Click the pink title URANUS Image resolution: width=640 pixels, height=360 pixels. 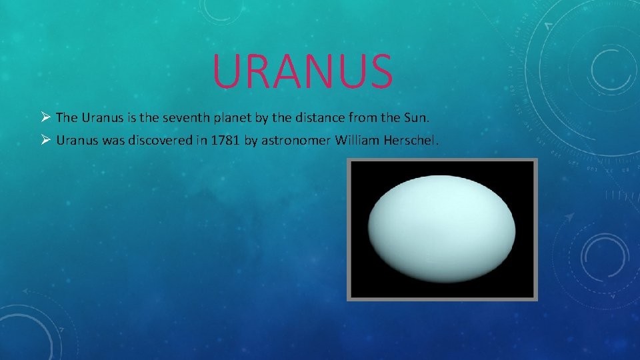(303, 71)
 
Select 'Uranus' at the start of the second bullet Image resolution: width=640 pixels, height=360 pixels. (76, 141)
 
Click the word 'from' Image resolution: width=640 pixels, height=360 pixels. (362, 118)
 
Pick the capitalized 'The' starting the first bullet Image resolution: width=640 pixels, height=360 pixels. (67, 118)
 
